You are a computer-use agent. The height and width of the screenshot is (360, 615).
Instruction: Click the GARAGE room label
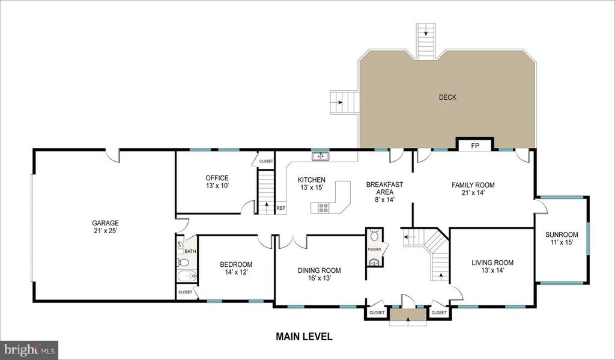point(105,222)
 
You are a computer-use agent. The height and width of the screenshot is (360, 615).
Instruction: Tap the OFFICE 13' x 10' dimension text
point(217,186)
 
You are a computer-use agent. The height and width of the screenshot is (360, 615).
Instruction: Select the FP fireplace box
point(474,145)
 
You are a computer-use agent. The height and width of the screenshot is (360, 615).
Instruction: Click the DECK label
point(447,97)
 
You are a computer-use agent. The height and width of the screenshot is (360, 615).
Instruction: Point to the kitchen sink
point(321,157)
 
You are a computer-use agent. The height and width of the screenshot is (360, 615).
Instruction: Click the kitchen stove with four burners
point(323,208)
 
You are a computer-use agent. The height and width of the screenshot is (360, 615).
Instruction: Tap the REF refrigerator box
point(280,209)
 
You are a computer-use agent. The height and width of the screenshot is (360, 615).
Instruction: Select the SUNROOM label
point(562,234)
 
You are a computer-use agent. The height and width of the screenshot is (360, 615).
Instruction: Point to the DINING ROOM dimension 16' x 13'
point(319,278)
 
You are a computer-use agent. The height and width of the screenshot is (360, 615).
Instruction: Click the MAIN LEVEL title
point(304,337)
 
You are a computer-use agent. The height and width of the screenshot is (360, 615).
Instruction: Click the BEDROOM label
point(236,264)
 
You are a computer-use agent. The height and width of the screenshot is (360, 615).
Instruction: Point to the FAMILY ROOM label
point(473,185)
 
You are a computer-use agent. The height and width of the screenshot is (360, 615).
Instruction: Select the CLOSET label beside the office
point(265,161)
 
